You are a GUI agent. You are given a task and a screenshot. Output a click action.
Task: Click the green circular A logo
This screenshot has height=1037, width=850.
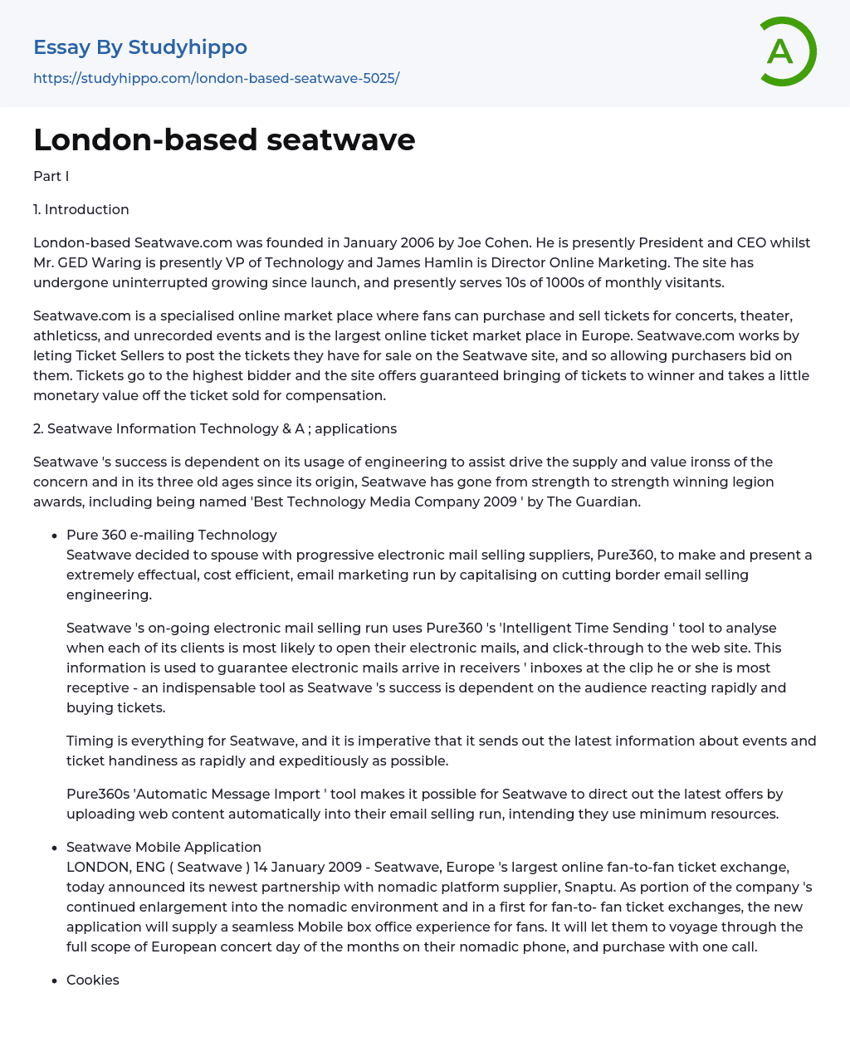click(x=787, y=51)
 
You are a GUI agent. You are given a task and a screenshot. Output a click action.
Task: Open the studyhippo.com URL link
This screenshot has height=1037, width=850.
click(x=216, y=78)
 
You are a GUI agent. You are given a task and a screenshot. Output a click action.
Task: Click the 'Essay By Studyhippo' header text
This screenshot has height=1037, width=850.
click(x=140, y=47)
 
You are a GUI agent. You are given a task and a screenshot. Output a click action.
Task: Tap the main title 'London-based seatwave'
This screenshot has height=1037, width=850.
click(x=224, y=139)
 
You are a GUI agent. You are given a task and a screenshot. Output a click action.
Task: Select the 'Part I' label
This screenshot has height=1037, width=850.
click(x=51, y=176)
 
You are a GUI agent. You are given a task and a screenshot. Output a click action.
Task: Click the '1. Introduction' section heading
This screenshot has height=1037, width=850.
click(x=81, y=209)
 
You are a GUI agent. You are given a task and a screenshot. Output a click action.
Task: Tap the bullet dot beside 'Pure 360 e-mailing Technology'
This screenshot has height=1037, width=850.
click(x=55, y=536)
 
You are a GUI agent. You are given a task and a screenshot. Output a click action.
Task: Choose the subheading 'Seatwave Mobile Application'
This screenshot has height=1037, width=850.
click(x=164, y=847)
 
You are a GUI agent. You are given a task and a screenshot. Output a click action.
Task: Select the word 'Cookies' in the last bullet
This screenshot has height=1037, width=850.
click(x=93, y=980)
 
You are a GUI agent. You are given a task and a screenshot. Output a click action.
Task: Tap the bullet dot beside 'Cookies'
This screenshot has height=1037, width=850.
click(x=55, y=981)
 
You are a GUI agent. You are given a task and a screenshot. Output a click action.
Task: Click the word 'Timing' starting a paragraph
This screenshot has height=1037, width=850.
click(x=88, y=741)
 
